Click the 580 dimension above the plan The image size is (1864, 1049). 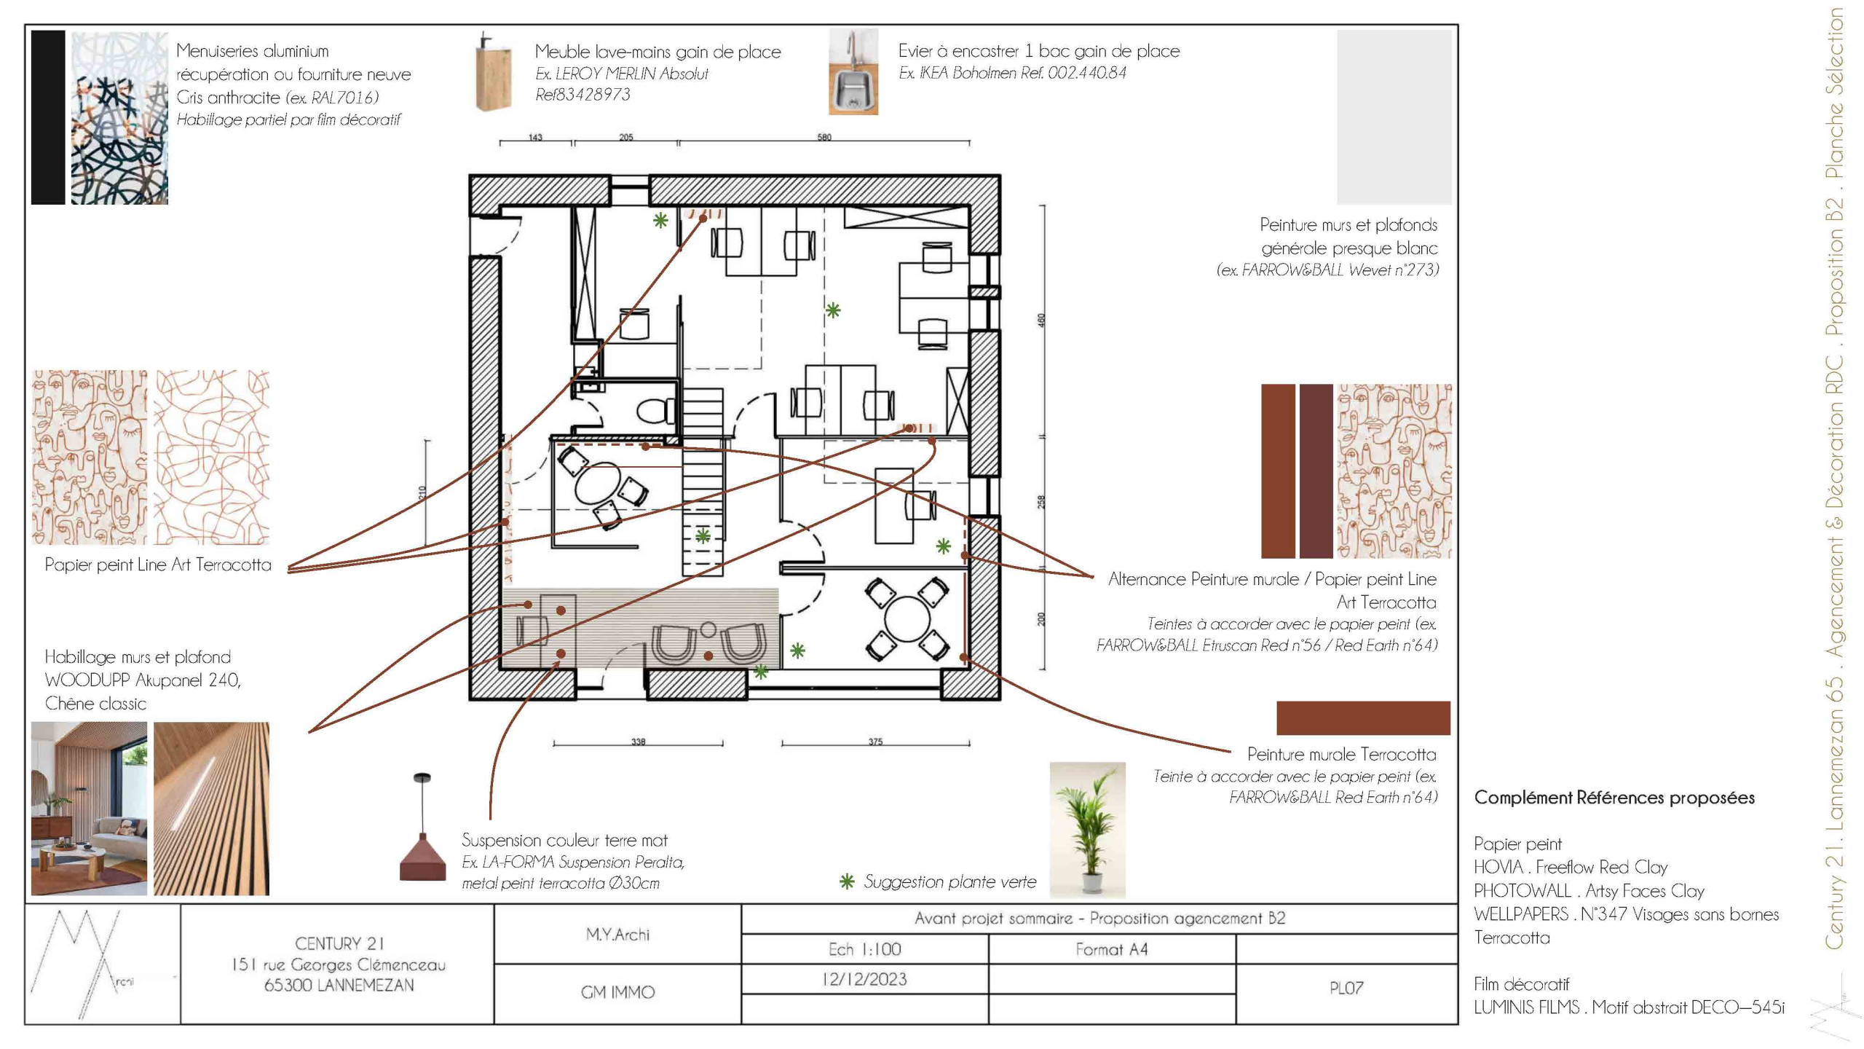point(824,137)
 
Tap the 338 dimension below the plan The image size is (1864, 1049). point(638,742)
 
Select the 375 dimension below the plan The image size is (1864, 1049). point(875,742)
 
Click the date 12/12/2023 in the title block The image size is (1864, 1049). point(864,979)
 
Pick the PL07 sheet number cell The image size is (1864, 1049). point(1346,989)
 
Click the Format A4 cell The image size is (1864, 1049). point(1111,949)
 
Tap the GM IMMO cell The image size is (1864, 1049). point(617,992)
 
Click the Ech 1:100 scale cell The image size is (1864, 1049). point(864,949)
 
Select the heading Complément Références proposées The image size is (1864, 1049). point(1614,798)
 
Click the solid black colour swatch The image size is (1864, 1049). point(48,117)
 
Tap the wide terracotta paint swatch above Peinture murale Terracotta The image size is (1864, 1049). point(1363,718)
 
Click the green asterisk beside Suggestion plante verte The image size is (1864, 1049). point(847,882)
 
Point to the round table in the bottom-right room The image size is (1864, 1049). point(907,618)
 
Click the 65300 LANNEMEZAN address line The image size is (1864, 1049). point(339,985)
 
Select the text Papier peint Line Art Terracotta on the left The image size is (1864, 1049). point(157,565)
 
